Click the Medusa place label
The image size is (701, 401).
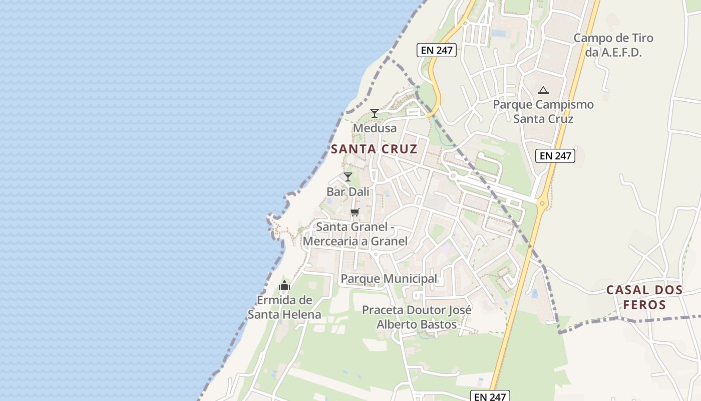pyautogui.click(x=375, y=128)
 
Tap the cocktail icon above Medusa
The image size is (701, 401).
pyautogui.click(x=374, y=113)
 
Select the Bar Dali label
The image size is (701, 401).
pyautogui.click(x=348, y=192)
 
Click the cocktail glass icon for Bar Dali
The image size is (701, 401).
pyautogui.click(x=348, y=176)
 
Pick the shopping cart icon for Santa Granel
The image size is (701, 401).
pyautogui.click(x=355, y=212)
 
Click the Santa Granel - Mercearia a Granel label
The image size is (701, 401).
pyautogui.click(x=356, y=234)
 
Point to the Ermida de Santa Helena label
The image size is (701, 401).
pyautogui.click(x=284, y=307)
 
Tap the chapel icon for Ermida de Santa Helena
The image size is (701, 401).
pyautogui.click(x=284, y=286)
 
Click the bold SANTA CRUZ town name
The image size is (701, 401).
pyautogui.click(x=374, y=149)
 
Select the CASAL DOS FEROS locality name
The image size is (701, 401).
pyautogui.click(x=644, y=297)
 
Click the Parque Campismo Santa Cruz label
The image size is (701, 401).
pyautogui.click(x=543, y=112)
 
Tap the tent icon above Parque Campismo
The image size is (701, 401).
pyautogui.click(x=543, y=91)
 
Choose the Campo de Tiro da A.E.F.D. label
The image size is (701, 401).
pyautogui.click(x=613, y=45)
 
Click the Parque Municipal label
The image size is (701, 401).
pyautogui.click(x=389, y=279)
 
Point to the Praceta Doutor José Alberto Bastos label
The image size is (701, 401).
pyautogui.click(x=417, y=317)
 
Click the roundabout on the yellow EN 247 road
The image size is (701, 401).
pyautogui.click(x=542, y=204)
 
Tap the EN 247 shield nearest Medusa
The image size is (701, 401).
pyautogui.click(x=436, y=50)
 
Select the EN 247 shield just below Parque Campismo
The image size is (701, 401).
pyautogui.click(x=555, y=156)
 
